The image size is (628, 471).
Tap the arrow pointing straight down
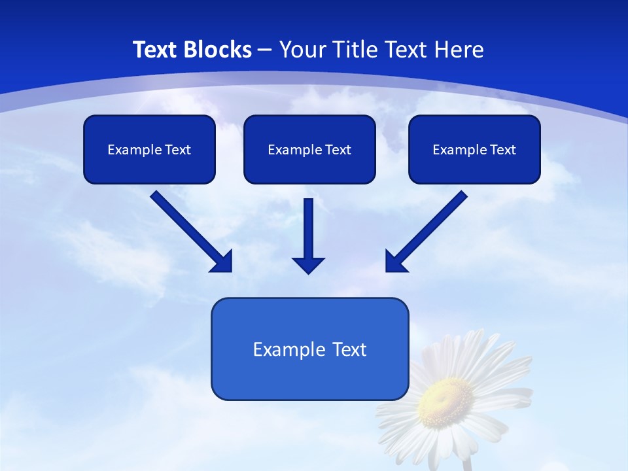(x=308, y=232)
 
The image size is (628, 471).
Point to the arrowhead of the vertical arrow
(x=308, y=265)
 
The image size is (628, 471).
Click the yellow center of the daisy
(x=445, y=396)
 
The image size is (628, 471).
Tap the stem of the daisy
(x=467, y=463)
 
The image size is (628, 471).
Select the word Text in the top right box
(x=503, y=150)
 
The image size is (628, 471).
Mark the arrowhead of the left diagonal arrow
(x=223, y=262)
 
